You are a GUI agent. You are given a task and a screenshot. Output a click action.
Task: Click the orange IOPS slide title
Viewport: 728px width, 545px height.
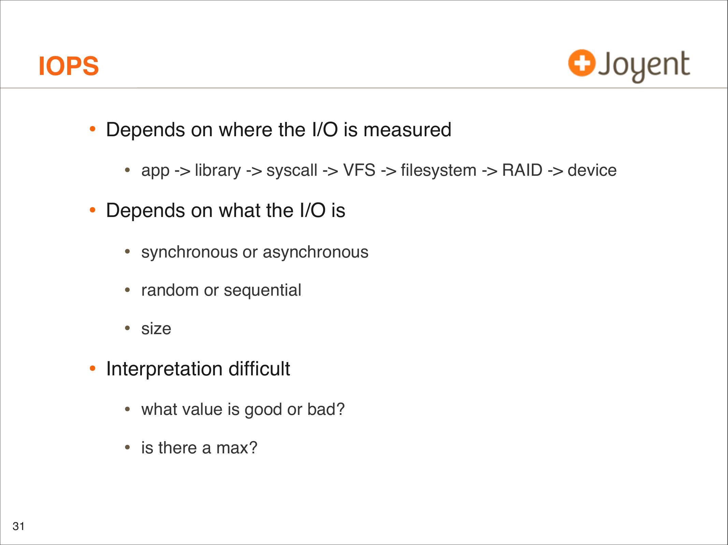pos(69,66)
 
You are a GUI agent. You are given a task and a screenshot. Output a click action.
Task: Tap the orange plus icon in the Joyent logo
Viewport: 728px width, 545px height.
pos(582,63)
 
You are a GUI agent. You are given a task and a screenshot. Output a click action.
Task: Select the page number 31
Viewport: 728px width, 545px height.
pos(18,526)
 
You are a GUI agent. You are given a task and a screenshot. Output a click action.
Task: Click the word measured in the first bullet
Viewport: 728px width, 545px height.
pos(407,130)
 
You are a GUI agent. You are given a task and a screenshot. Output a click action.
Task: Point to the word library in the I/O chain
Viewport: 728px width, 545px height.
pos(218,170)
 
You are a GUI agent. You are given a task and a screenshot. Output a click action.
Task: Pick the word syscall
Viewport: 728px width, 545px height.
pos(292,170)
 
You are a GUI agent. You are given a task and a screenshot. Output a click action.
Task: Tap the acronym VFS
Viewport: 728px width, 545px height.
pos(359,170)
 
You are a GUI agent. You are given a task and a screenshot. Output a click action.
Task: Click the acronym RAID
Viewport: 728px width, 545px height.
pos(522,170)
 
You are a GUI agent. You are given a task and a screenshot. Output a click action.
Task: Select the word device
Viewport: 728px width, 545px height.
pos(592,170)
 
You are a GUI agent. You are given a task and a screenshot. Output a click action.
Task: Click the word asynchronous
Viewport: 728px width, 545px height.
pos(316,252)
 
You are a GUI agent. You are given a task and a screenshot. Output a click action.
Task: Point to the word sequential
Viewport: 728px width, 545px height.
pos(262,291)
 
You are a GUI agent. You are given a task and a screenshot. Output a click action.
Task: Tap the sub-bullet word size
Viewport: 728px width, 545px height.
pos(156,329)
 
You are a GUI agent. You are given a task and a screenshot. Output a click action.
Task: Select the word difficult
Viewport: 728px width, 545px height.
pos(259,369)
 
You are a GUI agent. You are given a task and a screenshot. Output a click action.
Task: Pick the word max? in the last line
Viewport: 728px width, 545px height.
pos(237,448)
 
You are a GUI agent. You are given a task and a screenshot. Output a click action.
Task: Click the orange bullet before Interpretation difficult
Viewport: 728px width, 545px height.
pos(92,368)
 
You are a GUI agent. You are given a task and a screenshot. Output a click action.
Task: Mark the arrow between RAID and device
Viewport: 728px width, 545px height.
pos(555,171)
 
